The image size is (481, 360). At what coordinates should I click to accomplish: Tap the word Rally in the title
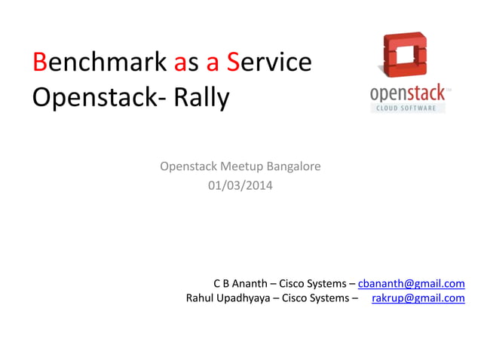pyautogui.click(x=201, y=98)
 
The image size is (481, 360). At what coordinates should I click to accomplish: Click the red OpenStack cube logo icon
pyautogui.click(x=406, y=57)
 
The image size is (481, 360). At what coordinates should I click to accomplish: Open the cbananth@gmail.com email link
pyautogui.click(x=411, y=283)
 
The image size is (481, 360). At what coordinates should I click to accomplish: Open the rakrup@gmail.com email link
pyautogui.click(x=418, y=298)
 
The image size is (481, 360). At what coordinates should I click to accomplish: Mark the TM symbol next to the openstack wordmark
pyautogui.click(x=450, y=90)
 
